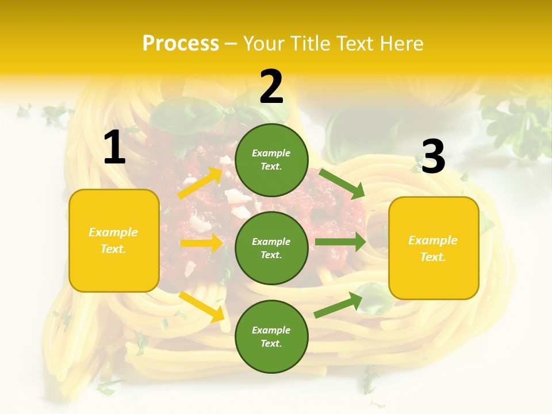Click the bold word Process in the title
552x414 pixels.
[x=181, y=43]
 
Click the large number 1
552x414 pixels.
[x=114, y=148]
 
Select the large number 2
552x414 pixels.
[x=271, y=86]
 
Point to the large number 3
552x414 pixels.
[x=433, y=156]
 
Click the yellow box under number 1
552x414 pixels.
[x=114, y=240]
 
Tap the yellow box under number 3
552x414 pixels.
[x=434, y=248]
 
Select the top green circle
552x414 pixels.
[x=271, y=160]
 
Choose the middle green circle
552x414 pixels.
[x=271, y=248]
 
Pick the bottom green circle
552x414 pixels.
[x=271, y=336]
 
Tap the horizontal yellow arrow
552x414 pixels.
[x=201, y=243]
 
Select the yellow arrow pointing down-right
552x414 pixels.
[x=202, y=306]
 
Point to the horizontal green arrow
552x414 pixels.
[x=340, y=242]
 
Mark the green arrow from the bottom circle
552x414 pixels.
[x=338, y=305]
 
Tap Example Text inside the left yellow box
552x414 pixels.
[x=113, y=240]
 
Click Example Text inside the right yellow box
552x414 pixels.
[x=433, y=248]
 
